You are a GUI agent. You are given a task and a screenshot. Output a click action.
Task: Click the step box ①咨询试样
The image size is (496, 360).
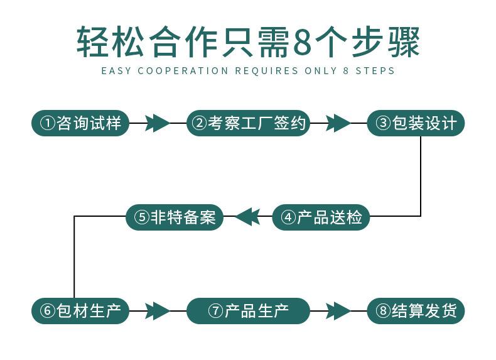80,123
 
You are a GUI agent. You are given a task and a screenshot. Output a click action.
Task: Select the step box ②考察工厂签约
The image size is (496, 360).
249,123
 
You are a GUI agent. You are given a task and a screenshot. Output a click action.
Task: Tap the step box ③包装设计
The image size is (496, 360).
416,123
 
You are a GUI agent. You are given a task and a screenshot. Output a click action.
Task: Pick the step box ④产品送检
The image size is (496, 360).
321,217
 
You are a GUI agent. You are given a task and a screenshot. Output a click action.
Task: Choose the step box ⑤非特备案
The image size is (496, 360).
175,217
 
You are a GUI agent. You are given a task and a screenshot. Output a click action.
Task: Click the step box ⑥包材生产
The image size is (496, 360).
80,310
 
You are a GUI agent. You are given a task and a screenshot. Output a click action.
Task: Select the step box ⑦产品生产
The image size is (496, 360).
249,310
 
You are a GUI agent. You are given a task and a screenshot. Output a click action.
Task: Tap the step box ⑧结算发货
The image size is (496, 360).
416,310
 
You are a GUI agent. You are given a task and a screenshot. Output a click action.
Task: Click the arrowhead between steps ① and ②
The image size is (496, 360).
157,123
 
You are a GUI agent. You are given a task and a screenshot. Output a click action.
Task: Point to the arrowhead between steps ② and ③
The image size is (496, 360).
338,123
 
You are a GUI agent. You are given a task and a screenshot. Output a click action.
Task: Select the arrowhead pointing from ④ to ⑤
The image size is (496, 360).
247,217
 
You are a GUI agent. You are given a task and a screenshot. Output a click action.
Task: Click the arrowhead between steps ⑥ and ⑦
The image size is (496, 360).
157,310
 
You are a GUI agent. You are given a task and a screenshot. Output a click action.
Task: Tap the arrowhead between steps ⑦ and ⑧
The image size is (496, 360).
338,310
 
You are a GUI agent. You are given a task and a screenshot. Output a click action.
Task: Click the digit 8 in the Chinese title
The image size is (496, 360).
303,42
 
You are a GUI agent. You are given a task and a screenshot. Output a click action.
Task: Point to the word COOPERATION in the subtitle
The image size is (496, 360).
183,70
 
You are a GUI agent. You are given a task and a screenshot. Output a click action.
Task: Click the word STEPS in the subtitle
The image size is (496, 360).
375,70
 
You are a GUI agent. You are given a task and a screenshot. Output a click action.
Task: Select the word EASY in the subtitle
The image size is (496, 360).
116,70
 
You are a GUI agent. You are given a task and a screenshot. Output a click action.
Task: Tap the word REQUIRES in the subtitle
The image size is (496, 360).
266,70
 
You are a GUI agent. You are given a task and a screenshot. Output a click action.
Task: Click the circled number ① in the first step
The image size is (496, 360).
48,123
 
